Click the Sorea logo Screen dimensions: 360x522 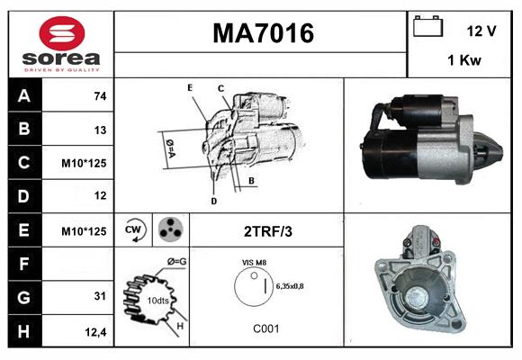pyautogui.click(x=60, y=44)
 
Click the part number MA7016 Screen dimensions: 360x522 pyautogui.click(x=263, y=33)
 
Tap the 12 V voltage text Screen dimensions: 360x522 pyautogui.click(x=481, y=31)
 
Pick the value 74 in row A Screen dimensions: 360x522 pyautogui.click(x=99, y=95)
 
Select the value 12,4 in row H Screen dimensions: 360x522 pyautogui.click(x=96, y=333)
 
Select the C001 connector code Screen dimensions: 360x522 pyautogui.click(x=265, y=329)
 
